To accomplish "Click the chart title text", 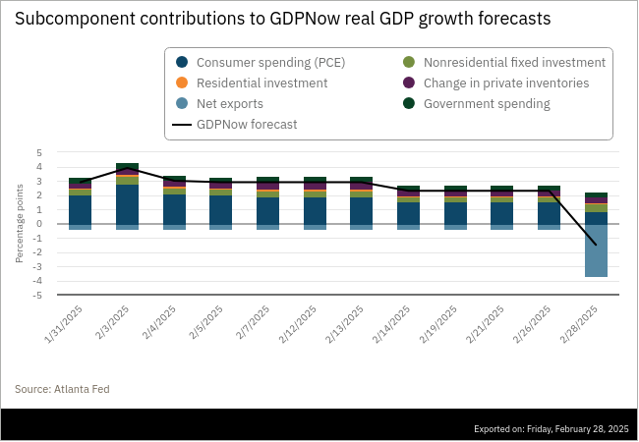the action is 283,19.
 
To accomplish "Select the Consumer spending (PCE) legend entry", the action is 261,62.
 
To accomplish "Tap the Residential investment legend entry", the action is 252,83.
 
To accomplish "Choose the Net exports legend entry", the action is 219,104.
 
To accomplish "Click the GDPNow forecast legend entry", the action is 235,124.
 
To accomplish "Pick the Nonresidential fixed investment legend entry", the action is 504,62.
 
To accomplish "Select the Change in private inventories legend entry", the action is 496,83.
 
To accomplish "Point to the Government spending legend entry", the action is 477,104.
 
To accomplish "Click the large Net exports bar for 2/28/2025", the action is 596,250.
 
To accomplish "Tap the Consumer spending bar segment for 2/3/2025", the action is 127,204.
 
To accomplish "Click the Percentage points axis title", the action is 20,223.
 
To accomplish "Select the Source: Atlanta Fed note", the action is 62,389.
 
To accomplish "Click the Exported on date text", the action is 552,429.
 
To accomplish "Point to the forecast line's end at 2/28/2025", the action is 596,245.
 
